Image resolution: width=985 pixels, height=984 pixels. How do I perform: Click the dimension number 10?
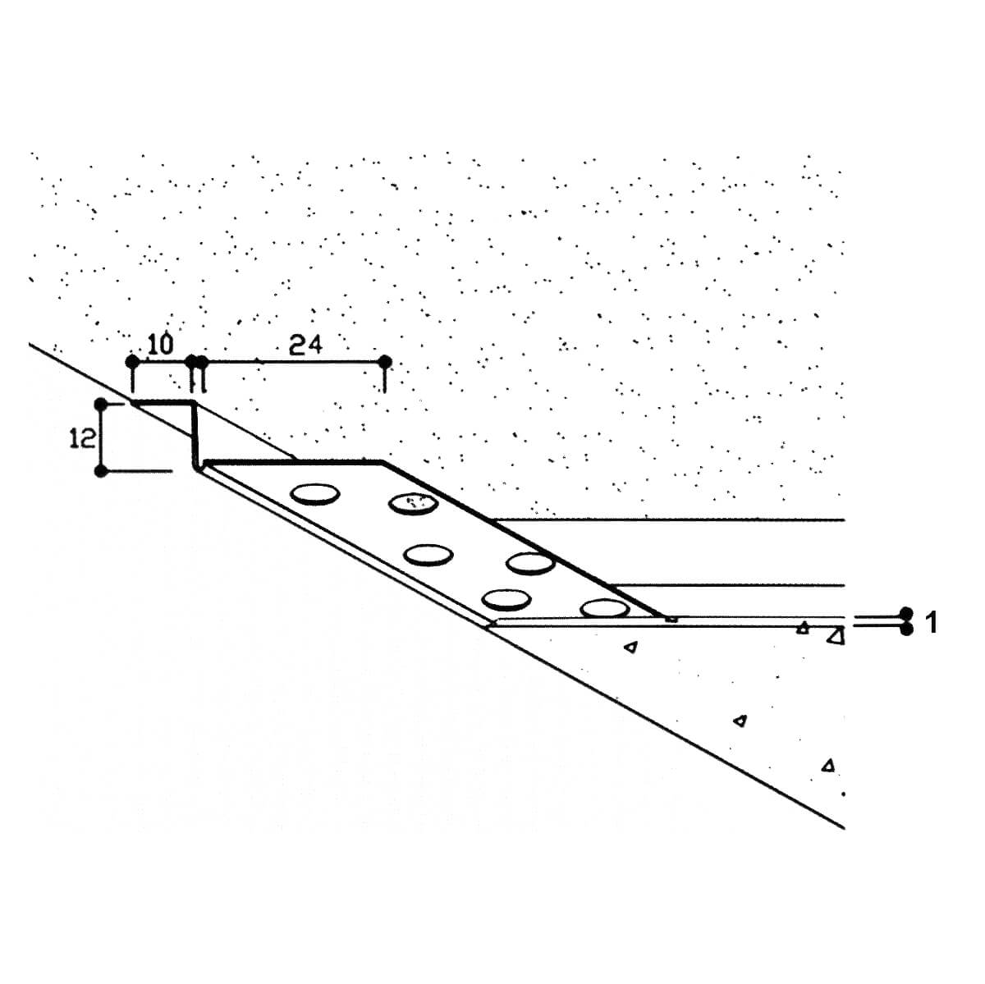(161, 345)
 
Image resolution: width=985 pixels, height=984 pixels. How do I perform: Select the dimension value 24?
(305, 345)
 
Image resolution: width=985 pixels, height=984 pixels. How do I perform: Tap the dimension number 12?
(82, 438)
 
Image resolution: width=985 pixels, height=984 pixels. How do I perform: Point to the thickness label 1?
(932, 623)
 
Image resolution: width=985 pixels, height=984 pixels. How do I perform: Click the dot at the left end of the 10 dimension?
(132, 362)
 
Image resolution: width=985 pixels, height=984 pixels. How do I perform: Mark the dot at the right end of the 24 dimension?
(385, 362)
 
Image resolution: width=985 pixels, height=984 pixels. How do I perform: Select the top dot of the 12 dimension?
(101, 405)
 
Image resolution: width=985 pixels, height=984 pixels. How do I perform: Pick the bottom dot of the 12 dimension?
(101, 470)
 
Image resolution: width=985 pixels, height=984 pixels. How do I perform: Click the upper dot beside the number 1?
(907, 613)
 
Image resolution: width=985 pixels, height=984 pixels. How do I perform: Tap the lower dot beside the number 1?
(907, 629)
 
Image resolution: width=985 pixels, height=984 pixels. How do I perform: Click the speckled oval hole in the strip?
(413, 504)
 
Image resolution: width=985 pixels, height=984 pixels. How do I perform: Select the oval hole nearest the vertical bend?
(315, 494)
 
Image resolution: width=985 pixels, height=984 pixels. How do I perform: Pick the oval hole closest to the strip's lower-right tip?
(605, 608)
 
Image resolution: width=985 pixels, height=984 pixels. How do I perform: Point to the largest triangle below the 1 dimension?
(836, 636)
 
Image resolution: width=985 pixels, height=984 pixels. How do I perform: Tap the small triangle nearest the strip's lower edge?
(632, 648)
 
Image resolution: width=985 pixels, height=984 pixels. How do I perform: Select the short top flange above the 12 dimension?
(163, 404)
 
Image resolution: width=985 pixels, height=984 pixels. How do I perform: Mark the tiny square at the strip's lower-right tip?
(672, 619)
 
